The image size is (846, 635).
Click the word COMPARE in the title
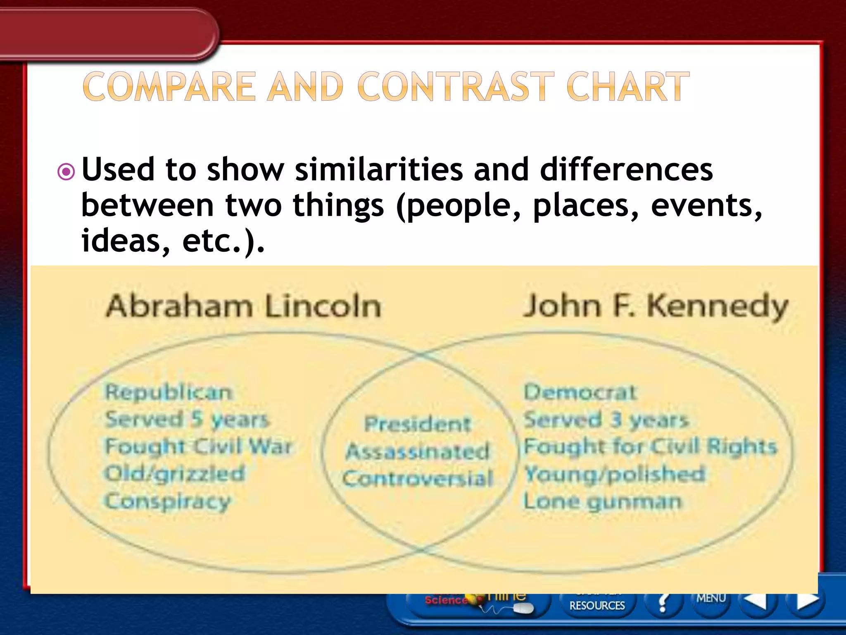(169, 87)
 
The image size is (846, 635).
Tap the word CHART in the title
(628, 87)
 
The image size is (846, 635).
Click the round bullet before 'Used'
(66, 172)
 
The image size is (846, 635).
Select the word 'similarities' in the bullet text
(379, 169)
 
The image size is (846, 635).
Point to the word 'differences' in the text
(626, 169)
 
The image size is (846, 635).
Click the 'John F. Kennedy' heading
(655, 307)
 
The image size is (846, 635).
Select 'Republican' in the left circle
(169, 392)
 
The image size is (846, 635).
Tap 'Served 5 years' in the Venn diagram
(187, 420)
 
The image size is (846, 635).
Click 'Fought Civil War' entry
(199, 447)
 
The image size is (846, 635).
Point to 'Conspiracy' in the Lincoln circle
(167, 502)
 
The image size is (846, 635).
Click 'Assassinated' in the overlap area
(418, 451)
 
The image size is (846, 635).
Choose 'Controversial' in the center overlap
(418, 479)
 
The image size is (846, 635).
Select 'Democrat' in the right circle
(580, 392)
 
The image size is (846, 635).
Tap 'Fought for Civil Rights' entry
(650, 447)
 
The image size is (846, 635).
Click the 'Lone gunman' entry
(602, 502)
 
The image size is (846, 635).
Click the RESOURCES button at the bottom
(597, 605)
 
